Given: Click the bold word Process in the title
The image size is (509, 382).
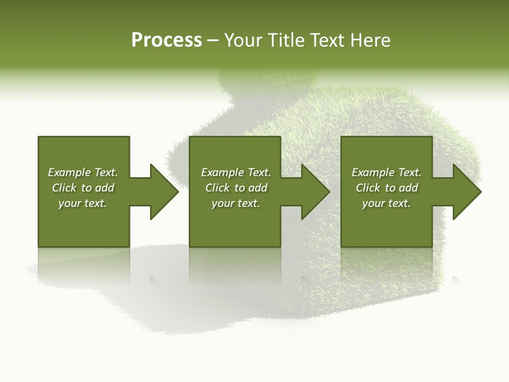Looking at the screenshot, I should click(166, 40).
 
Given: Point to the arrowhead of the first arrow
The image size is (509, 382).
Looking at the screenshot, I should click(164, 192).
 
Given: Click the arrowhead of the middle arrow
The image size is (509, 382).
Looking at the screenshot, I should click(316, 192).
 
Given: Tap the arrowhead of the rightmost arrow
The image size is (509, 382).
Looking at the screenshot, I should click(467, 192).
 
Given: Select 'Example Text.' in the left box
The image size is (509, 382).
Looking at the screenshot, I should click(83, 172).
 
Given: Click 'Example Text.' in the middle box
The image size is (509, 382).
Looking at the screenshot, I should click(236, 172).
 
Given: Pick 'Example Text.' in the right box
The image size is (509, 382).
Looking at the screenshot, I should click(387, 172).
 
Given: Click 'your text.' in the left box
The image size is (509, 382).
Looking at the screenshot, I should click(83, 203).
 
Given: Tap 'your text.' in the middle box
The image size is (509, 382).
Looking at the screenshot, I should click(236, 203).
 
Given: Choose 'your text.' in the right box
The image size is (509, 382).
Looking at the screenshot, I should click(387, 203).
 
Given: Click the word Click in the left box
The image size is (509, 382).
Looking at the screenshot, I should click(65, 188).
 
